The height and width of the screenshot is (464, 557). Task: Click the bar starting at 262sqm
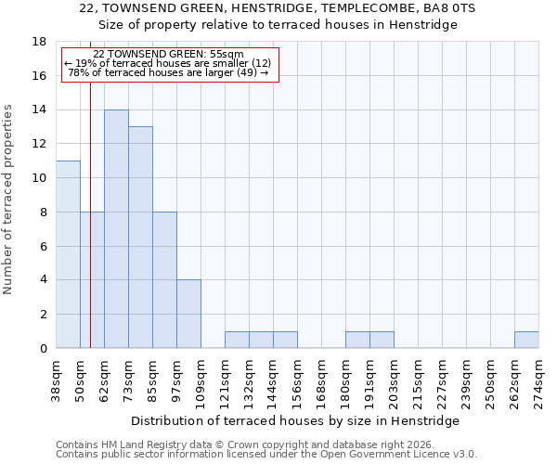526,340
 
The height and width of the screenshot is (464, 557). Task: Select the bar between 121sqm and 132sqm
237,340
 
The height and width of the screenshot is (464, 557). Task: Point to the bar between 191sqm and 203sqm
382,340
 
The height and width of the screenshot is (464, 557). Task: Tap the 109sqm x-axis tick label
201,380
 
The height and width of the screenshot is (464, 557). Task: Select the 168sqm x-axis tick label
322,380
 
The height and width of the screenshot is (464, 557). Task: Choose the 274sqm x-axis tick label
539,380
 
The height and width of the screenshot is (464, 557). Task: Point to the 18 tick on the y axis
39,42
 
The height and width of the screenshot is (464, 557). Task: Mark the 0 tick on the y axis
43,348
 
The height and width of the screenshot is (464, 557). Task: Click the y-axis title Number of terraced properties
9,200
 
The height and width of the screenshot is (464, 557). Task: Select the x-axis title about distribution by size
302,420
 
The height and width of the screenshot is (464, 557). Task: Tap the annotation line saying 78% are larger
168,72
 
